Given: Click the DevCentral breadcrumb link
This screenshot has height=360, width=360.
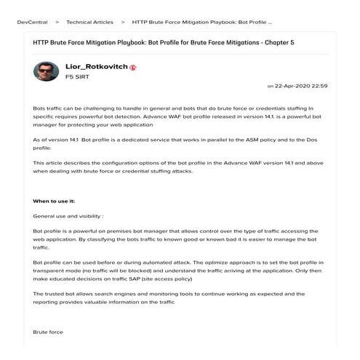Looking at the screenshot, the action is click(x=33, y=23).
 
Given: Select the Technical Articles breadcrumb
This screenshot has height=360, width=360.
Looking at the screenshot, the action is click(x=90, y=23).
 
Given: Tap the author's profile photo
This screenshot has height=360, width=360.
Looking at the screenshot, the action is click(x=47, y=71).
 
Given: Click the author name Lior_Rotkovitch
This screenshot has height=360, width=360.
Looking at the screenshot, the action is click(x=96, y=67).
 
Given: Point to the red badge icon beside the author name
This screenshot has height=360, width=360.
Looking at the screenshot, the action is click(x=133, y=68).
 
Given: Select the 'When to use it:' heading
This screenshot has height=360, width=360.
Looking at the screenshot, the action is click(x=54, y=201).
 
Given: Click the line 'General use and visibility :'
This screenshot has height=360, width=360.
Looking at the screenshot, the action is click(x=68, y=216).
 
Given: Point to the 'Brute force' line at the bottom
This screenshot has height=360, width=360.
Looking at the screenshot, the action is click(x=48, y=332).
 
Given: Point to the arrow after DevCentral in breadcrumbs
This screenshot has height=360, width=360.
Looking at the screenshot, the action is click(x=57, y=23).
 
